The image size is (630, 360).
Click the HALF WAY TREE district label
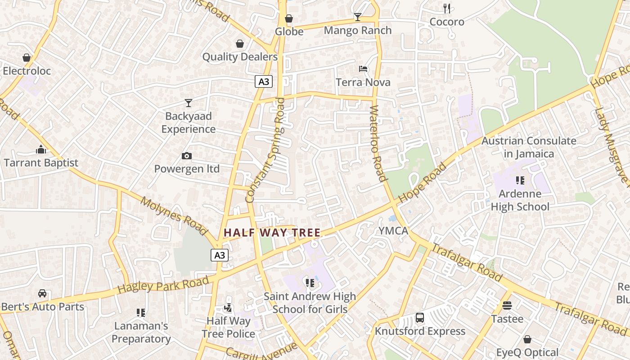[x=272, y=233]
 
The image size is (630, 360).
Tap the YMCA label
[x=393, y=231]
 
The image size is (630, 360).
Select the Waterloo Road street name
[x=378, y=143]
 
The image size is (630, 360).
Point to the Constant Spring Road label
[x=266, y=150]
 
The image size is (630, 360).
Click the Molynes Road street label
[x=173, y=216]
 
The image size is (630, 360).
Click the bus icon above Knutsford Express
[x=420, y=318]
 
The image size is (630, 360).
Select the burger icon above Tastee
[x=507, y=306]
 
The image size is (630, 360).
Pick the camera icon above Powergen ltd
[x=187, y=156]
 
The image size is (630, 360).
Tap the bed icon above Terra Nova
[x=363, y=69]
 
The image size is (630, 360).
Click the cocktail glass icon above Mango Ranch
[x=358, y=17]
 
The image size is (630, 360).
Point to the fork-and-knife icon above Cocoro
[x=447, y=8]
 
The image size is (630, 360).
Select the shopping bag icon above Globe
[x=289, y=18]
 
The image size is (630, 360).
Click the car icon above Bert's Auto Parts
[x=42, y=293]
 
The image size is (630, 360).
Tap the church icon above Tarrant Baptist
[x=41, y=149]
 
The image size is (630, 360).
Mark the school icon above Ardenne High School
[x=520, y=180]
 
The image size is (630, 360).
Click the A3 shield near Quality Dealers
[x=264, y=81]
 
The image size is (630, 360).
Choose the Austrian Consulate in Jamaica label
[x=529, y=147]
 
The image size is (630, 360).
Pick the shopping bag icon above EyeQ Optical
[x=527, y=339]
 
